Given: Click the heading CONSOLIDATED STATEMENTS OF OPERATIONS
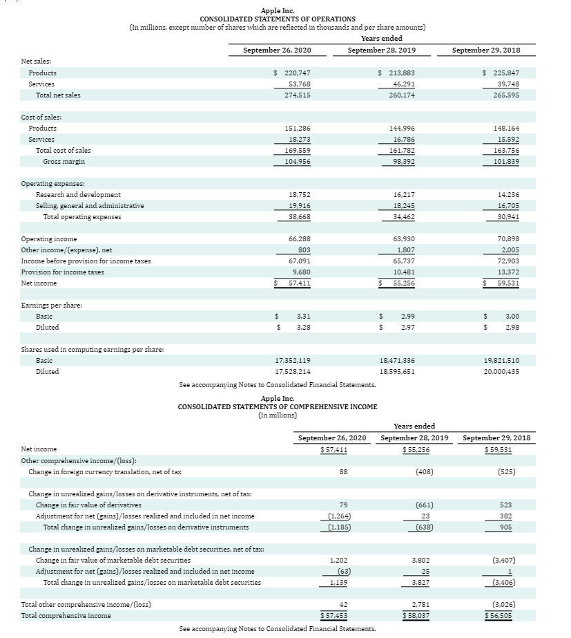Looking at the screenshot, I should (278, 19).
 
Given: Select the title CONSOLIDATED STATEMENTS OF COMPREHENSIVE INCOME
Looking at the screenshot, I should (278, 407).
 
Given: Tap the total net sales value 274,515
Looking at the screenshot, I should (297, 95).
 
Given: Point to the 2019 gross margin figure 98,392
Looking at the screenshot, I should (400, 161).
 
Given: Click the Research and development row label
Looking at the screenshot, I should (78, 195).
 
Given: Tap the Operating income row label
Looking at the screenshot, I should (49, 238).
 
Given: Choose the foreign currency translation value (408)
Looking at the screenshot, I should (405, 471).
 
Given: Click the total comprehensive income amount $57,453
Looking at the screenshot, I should (333, 615).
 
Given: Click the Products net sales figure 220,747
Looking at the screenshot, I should (297, 73).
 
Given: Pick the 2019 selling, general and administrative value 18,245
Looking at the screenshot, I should (400, 205).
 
